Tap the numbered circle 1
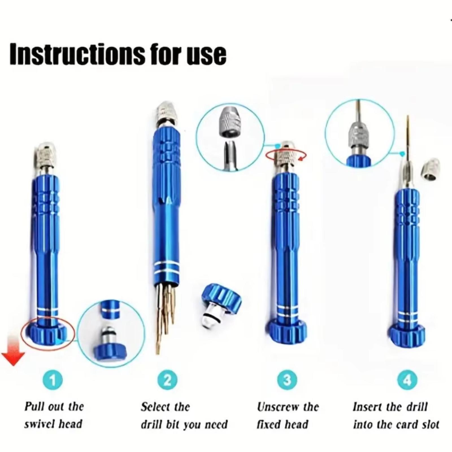(x=53, y=381)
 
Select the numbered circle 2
(x=168, y=381)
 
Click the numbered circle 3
(x=287, y=380)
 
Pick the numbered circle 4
(x=407, y=380)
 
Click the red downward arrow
(x=13, y=350)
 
